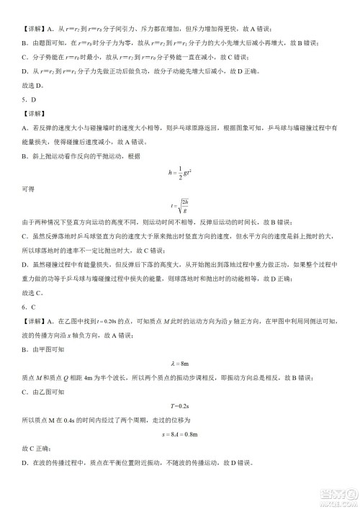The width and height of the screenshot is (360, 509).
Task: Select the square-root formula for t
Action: click(x=179, y=207)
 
